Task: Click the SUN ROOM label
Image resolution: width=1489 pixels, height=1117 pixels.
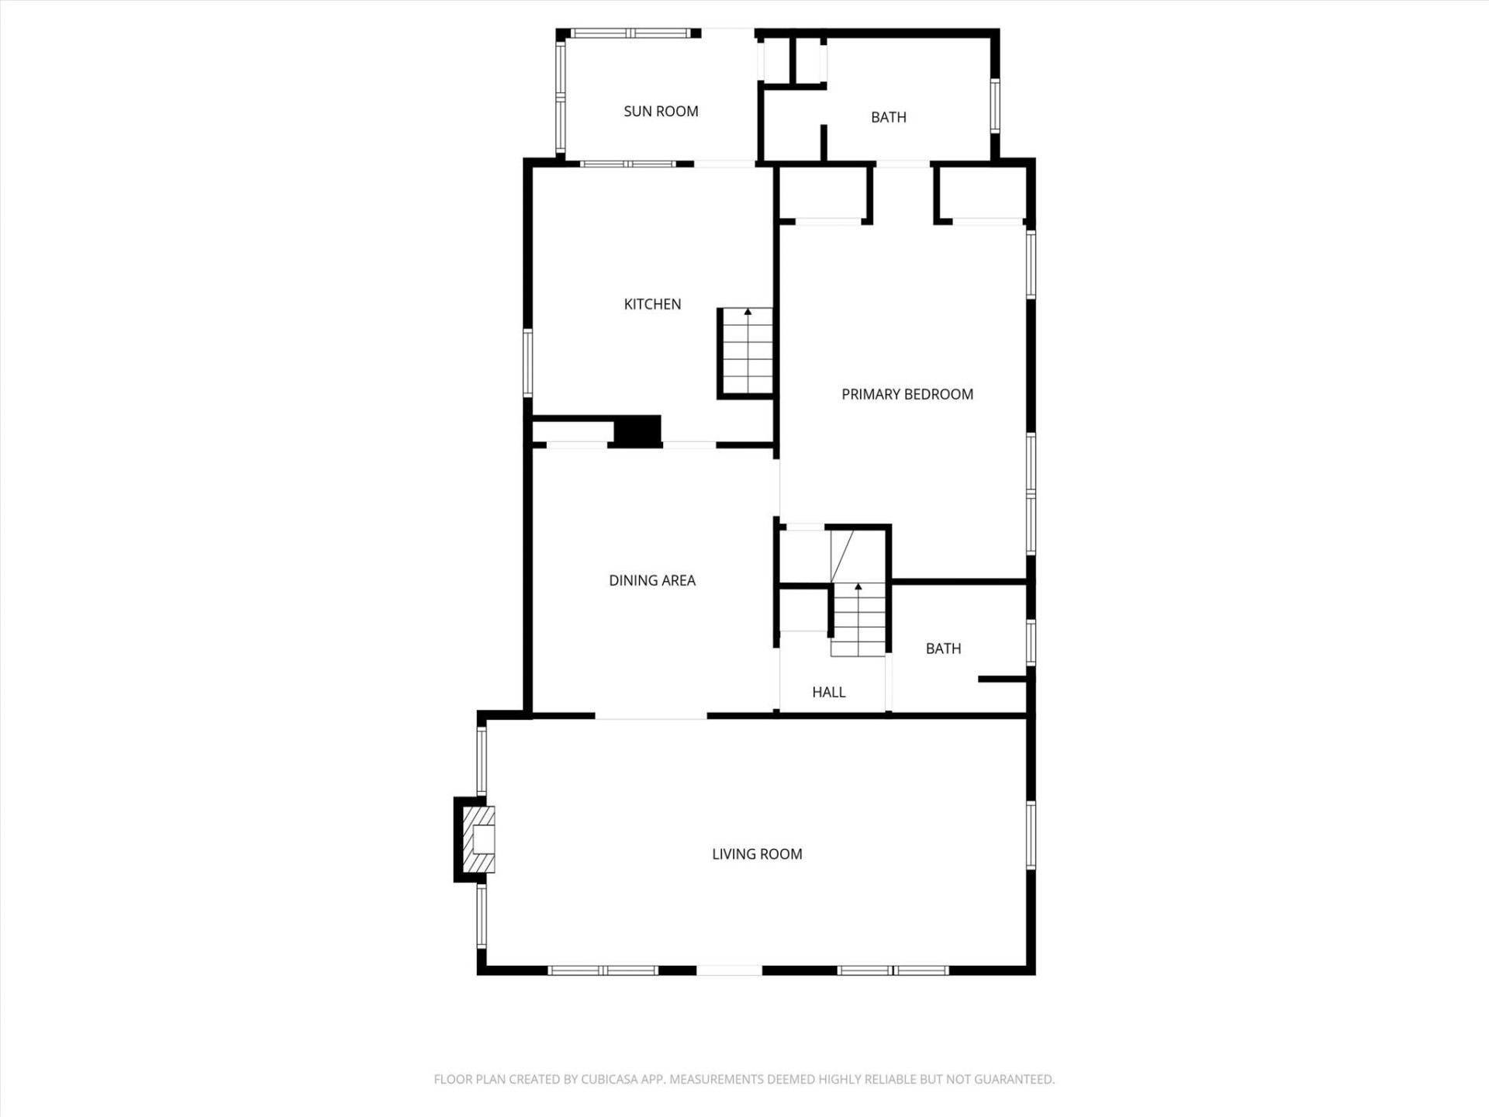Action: (x=661, y=112)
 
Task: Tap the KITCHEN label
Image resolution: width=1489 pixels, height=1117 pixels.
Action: (x=652, y=305)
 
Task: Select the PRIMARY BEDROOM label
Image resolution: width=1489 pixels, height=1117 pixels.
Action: (x=907, y=395)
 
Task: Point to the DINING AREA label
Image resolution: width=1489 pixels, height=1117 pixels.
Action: (x=651, y=581)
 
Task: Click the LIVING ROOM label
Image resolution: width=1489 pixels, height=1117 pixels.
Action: (x=757, y=855)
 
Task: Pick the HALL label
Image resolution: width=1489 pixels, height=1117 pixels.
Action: (x=828, y=693)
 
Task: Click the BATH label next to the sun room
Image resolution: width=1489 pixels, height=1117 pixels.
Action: (x=888, y=118)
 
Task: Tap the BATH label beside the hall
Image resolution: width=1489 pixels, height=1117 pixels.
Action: (x=943, y=649)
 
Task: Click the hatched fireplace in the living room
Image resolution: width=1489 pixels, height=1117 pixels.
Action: (x=478, y=840)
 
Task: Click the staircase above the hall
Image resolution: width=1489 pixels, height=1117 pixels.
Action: (x=859, y=621)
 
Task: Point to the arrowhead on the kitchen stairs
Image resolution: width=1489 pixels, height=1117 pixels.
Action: (x=748, y=312)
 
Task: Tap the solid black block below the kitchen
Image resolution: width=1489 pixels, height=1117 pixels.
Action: (x=637, y=431)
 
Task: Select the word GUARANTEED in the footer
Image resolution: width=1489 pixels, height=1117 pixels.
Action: (x=1015, y=1080)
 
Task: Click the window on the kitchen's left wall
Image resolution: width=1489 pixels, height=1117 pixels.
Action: (x=528, y=363)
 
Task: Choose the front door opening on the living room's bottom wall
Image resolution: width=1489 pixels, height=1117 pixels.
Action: (x=729, y=970)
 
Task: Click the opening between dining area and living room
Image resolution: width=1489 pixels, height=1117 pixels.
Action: (x=651, y=716)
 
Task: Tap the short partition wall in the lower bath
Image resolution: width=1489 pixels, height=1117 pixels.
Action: (x=1002, y=680)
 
